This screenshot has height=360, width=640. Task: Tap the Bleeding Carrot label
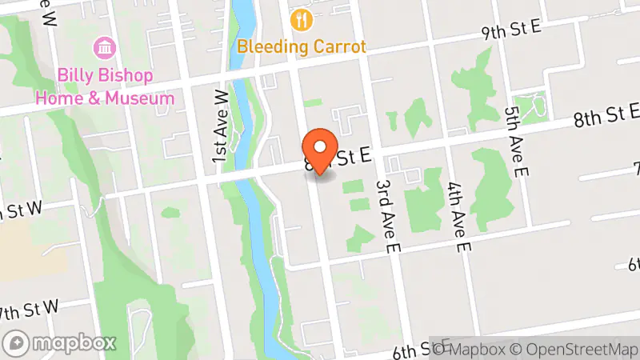click(301, 46)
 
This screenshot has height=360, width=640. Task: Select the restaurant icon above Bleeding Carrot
click(301, 19)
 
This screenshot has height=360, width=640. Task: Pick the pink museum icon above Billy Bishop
click(104, 46)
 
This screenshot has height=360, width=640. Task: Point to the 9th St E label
click(511, 30)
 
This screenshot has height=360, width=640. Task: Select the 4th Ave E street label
click(457, 217)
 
